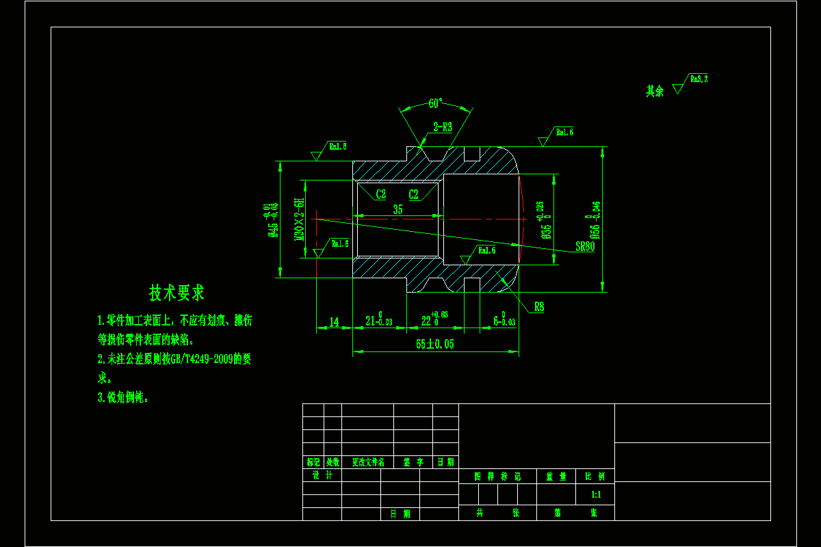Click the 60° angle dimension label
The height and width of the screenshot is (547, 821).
pyautogui.click(x=435, y=103)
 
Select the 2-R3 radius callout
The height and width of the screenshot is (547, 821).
pyautogui.click(x=443, y=126)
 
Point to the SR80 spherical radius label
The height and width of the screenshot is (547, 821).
pyautogui.click(x=585, y=247)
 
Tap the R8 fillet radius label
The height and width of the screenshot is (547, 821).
pyautogui.click(x=539, y=308)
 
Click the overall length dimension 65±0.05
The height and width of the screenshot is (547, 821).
pyautogui.click(x=434, y=344)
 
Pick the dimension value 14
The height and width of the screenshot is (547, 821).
pyautogui.click(x=334, y=321)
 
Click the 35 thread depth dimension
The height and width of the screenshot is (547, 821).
pyautogui.click(x=398, y=210)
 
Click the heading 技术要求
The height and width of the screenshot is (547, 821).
pyautogui.click(x=177, y=293)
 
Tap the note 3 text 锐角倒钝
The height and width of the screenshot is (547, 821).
pyautogui.click(x=127, y=397)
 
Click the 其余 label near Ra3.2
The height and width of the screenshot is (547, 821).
pyautogui.click(x=655, y=91)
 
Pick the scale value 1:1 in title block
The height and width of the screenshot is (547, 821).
pyautogui.click(x=597, y=494)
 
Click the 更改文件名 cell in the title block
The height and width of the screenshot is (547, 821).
pyautogui.click(x=367, y=462)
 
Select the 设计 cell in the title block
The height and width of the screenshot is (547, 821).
pyautogui.click(x=322, y=475)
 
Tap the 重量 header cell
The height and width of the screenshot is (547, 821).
pyautogui.click(x=556, y=477)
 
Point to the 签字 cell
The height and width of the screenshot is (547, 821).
pyautogui.click(x=413, y=462)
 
